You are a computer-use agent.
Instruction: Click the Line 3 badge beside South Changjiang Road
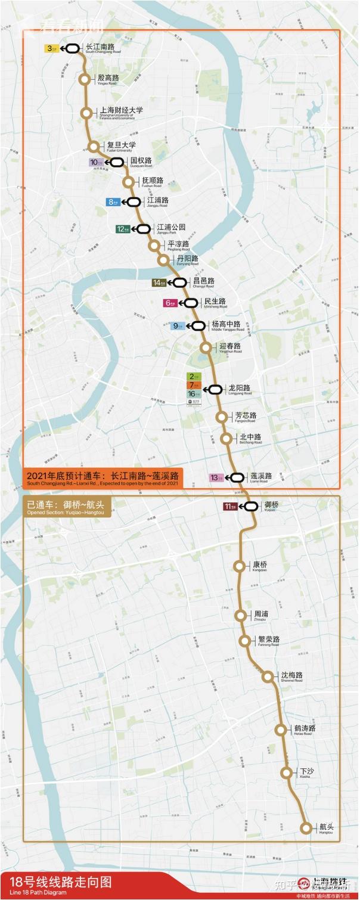pyautogui.click(x=50, y=49)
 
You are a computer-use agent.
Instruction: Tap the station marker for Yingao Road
pyautogui.click(x=85, y=79)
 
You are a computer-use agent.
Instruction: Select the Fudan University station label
pyautogui.click(x=121, y=147)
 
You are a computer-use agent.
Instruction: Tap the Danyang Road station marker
pyautogui.click(x=163, y=260)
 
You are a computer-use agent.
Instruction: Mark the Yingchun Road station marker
pyautogui.click(x=206, y=347)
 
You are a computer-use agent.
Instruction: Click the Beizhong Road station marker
pyautogui.click(x=226, y=439)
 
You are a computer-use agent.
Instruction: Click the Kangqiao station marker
pyautogui.click(x=240, y=566)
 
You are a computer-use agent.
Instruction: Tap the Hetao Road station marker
pyautogui.click(x=281, y=730)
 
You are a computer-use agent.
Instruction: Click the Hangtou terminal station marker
pyautogui.click(x=306, y=827)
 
